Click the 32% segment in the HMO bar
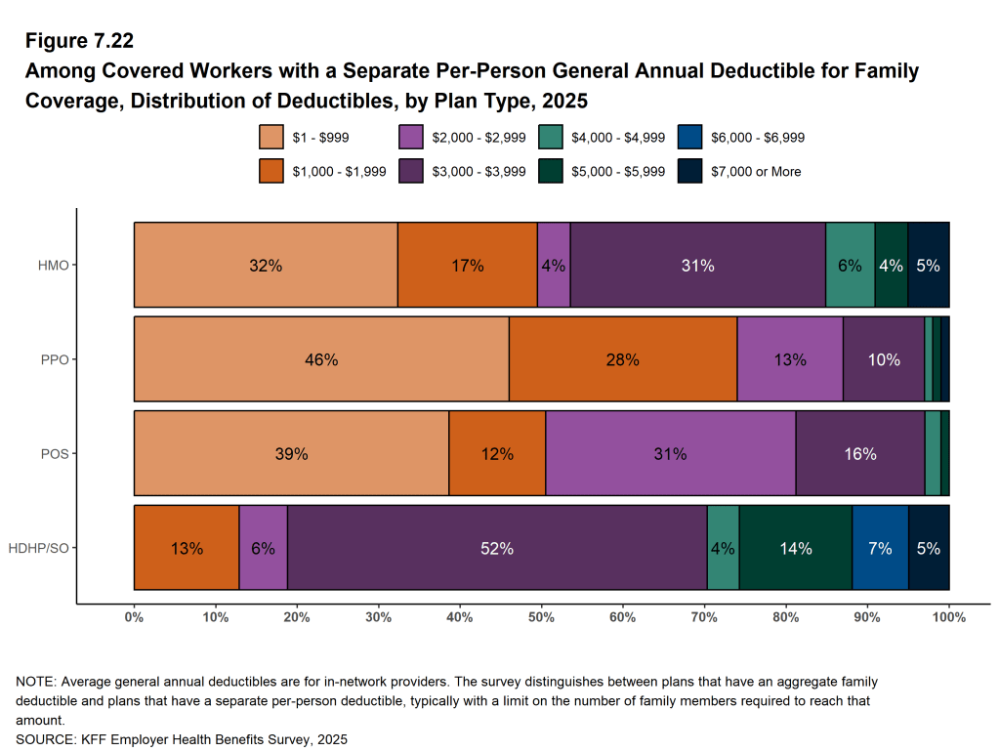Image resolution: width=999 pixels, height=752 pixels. point(266,265)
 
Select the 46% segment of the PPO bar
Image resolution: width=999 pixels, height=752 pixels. point(321,359)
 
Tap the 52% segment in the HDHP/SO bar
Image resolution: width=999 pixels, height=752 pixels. point(497,548)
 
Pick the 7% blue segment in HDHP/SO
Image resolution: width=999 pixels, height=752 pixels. point(880,548)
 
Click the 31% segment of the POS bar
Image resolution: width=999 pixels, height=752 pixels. point(670,454)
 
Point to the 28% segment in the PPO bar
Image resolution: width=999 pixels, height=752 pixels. point(622,359)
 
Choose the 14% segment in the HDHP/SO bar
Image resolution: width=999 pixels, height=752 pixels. point(795,548)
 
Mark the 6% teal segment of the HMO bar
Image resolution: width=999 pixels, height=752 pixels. point(850,265)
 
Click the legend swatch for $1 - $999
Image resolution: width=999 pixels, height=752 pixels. point(271,138)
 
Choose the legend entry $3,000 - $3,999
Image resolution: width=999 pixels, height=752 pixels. point(479,171)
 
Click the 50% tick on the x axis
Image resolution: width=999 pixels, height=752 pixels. point(541,617)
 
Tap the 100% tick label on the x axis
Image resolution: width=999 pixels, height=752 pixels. point(948,617)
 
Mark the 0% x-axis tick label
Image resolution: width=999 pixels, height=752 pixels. point(134,617)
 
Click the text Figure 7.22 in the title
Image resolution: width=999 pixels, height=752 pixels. point(79,41)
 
